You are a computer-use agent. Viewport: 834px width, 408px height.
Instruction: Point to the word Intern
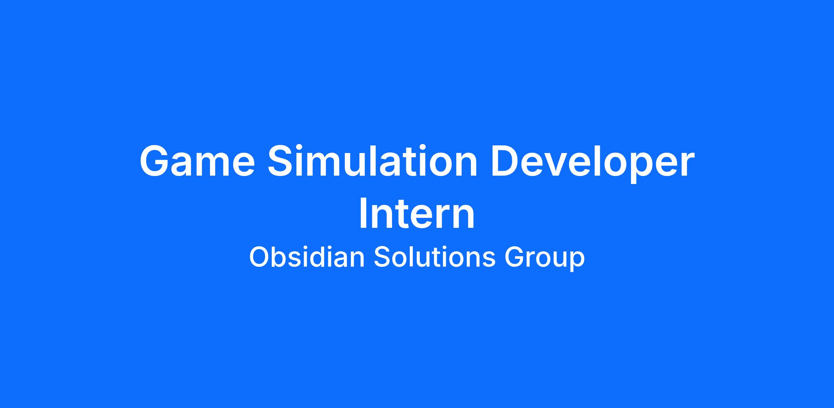[417, 214]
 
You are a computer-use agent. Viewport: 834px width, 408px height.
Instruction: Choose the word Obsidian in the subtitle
[307, 257]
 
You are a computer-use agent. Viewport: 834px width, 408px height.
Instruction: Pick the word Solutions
[434, 257]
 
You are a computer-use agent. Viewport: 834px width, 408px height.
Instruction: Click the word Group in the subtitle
[545, 259]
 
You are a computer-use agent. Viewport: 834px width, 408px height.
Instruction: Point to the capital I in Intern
[363, 214]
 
